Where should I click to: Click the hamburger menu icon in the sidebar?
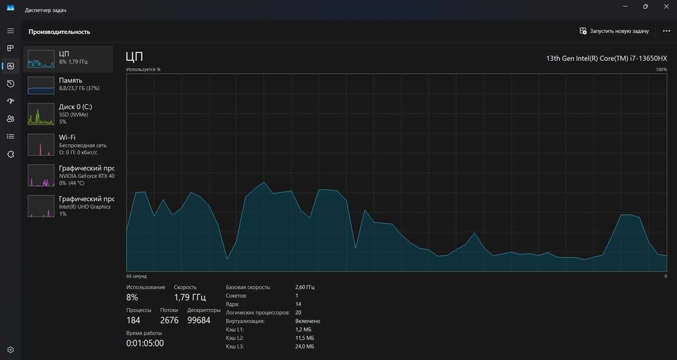10,31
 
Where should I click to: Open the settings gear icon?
11,350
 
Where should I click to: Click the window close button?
665,7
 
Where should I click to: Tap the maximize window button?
645,7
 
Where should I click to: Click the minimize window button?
625,7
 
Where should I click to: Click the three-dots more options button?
666,31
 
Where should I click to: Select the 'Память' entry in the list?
68,85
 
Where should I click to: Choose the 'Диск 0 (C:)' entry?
68,114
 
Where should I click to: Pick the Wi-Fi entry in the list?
68,145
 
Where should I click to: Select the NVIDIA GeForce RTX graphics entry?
68,175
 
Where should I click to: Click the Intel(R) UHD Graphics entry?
68,206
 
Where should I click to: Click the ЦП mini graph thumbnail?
41,59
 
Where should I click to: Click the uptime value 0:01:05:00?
145,344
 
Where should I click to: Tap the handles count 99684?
199,320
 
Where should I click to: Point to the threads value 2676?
169,320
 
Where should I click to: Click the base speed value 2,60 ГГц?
305,287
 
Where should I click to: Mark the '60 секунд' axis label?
137,276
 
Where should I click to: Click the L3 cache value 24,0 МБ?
305,346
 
